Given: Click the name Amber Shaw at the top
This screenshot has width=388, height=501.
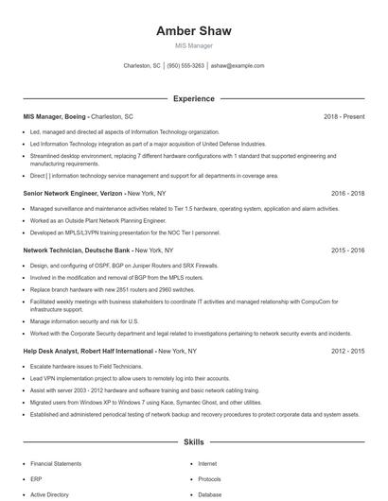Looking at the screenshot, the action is pos(193,31).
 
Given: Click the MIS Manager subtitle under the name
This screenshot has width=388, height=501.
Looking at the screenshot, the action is pos(193,45).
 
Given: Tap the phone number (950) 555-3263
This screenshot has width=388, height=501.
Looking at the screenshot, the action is pos(185,66).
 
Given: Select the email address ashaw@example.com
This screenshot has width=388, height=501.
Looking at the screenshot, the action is pos(238,66).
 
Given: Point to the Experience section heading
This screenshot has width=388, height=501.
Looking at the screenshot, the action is pos(193,98).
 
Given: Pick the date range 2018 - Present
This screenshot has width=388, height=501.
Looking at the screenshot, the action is pos(344,116).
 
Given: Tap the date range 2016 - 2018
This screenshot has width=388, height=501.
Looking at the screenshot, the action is pos(348,192).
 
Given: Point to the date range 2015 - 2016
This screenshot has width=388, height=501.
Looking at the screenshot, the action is pos(348,250).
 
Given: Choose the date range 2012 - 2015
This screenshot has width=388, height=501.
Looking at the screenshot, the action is pos(348,351).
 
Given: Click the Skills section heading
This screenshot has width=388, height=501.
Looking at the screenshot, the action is pos(193,441).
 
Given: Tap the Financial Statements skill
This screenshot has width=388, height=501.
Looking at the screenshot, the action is pos(55,464).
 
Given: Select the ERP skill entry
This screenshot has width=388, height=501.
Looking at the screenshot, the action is pos(35,479).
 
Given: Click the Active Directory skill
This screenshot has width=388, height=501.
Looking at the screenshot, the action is pos(49,493).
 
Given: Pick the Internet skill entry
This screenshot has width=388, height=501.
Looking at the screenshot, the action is pos(207,464).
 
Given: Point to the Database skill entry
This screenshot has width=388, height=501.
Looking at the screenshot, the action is pos(210,493).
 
